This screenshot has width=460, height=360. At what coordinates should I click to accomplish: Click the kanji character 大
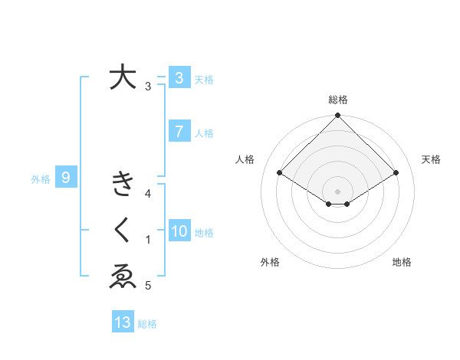coord(123,77)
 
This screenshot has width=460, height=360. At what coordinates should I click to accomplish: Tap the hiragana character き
coord(123,185)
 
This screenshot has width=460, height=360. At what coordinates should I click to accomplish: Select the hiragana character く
coord(123,231)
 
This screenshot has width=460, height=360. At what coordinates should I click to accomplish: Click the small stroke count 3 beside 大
coord(147,87)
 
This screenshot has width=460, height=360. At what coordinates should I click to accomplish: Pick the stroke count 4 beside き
coord(147,194)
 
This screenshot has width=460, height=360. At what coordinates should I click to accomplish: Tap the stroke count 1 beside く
coord(147,240)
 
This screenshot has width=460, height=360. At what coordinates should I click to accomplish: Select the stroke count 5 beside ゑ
coord(147,286)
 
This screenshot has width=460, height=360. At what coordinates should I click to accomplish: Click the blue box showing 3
coord(179,78)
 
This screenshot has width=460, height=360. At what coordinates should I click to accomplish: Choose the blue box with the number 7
coord(179,132)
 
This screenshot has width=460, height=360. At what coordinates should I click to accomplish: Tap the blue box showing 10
coord(179,231)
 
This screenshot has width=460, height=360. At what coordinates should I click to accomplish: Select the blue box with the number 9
coord(66,178)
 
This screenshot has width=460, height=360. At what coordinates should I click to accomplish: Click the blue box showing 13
coord(123,322)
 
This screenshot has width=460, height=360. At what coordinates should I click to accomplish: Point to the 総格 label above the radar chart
coord(337,100)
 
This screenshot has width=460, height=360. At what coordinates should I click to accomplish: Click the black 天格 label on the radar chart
coord(432,159)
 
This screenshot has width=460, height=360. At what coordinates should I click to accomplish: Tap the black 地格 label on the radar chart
coord(402,262)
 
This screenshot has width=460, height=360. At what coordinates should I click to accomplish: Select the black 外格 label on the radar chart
coord(270,262)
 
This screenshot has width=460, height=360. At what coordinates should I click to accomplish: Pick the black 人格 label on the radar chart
coord(245,159)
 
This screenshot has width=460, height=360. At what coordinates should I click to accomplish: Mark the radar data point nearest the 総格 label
coord(337,116)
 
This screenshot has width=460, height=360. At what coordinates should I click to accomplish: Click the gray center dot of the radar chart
coord(337,191)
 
